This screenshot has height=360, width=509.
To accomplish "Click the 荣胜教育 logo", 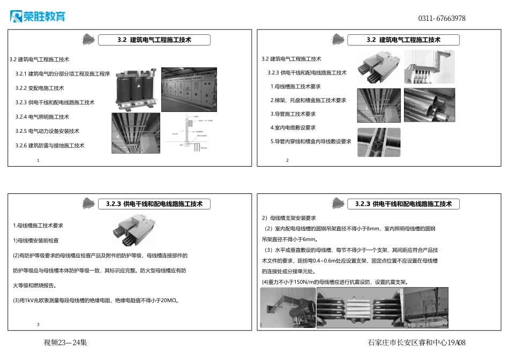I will [38, 17].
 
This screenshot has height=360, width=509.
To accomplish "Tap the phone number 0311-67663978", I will [441, 18].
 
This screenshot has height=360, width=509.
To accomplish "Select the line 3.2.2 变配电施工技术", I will [40, 88].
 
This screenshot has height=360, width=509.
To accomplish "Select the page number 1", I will [39, 160].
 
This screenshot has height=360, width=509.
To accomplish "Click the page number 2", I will [287, 160].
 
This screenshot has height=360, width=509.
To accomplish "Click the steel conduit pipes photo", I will [429, 105].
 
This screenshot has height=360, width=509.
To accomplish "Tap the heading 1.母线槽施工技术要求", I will [38, 226].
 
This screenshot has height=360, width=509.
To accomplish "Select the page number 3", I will [38, 325].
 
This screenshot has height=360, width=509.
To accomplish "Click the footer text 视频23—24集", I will [65, 343].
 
